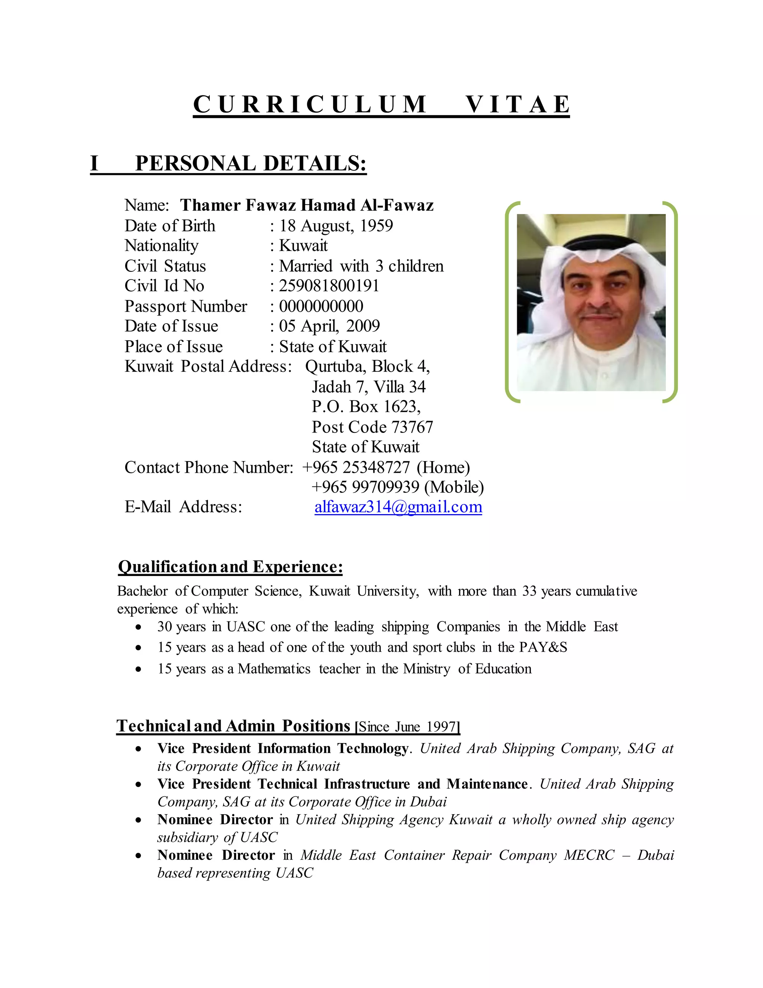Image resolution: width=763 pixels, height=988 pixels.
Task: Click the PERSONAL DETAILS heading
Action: tap(250, 163)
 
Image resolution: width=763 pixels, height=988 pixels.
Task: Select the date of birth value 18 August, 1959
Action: tap(336, 225)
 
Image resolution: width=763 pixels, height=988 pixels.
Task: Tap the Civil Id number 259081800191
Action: tap(329, 286)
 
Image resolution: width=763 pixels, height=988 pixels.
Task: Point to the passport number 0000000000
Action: tap(321, 306)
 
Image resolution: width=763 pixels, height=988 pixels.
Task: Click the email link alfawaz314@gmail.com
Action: tap(398, 507)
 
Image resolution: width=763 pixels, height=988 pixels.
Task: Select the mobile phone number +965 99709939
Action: tap(365, 487)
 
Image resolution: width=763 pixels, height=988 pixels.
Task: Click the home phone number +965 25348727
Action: tap(356, 467)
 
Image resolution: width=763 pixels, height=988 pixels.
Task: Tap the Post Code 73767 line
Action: tap(373, 427)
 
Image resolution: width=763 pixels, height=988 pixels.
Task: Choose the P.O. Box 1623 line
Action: tap(366, 406)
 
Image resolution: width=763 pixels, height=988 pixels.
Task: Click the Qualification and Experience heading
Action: tap(230, 566)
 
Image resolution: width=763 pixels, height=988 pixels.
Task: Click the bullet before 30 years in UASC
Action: tap(138, 627)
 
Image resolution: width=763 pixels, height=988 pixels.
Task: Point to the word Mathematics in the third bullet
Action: tap(274, 668)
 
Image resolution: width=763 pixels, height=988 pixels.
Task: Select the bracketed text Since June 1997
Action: tap(407, 727)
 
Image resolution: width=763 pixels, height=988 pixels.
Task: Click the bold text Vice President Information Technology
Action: tap(282, 748)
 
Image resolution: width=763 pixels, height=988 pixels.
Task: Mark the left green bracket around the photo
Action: tap(508, 302)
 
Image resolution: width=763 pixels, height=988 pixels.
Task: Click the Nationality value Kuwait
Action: tap(303, 246)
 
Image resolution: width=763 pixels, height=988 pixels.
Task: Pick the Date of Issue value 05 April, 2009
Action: tap(329, 326)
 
